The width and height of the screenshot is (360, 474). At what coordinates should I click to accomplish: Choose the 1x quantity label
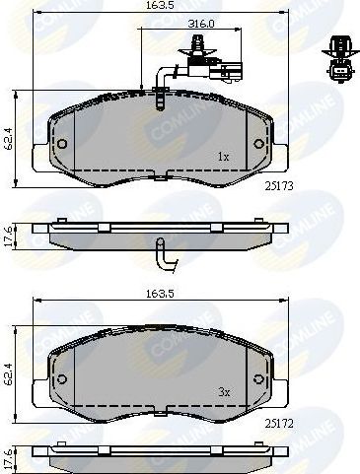tap(224, 157)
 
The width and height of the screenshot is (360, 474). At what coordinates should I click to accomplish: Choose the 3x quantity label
tap(224, 391)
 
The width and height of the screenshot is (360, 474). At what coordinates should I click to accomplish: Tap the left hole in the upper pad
tap(62, 144)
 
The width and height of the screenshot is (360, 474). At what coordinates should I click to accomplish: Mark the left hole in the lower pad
tap(62, 379)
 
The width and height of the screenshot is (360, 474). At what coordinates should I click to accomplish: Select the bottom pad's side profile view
tap(155, 456)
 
